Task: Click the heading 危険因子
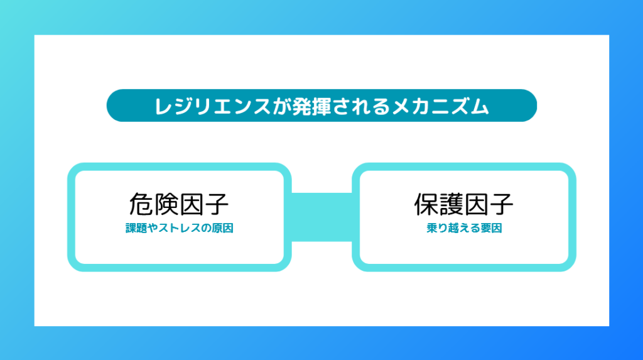[x=179, y=204]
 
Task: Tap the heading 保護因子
[x=464, y=204]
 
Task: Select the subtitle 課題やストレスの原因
[x=179, y=228]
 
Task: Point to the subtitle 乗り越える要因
[x=464, y=228]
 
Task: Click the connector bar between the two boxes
[x=321, y=217]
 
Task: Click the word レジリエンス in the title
[x=212, y=106]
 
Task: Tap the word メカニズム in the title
[x=440, y=106]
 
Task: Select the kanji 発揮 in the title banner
[x=311, y=106]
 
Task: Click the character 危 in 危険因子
[x=141, y=204]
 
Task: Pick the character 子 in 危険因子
[x=217, y=204]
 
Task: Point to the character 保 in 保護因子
[x=426, y=204]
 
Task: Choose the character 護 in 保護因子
[x=451, y=204]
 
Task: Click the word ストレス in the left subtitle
[x=179, y=228]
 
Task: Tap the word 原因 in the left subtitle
[x=223, y=228]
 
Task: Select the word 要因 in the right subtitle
[x=491, y=228]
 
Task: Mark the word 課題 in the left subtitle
[x=136, y=228]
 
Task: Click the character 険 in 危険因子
[x=166, y=204]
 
